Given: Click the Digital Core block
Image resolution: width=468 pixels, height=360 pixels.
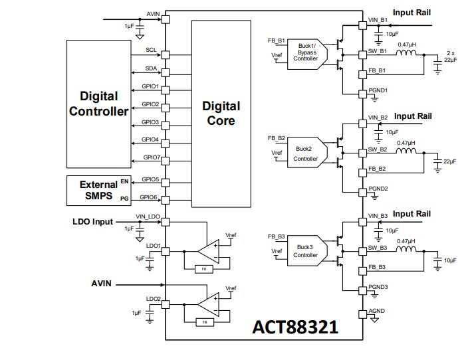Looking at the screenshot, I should (221, 113).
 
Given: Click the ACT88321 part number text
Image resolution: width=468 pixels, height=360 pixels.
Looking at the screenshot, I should (295, 327).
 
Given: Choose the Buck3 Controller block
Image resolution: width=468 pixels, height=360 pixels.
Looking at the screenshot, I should (306, 250).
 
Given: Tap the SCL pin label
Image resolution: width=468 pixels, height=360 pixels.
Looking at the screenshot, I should (151, 50).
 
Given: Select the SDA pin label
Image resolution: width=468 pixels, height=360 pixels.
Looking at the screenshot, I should (151, 68).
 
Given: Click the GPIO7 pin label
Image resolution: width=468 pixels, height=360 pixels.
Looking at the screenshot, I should (151, 157).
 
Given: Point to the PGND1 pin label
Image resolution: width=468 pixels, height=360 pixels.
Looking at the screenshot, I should (378, 90).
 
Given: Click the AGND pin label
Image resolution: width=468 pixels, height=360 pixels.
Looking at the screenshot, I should (376, 312).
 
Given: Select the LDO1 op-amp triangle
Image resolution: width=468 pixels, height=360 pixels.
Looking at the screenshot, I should (210, 252).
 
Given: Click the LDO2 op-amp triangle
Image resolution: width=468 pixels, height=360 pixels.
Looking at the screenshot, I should (210, 305).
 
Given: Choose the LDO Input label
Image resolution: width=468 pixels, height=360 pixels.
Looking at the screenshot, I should (92, 221).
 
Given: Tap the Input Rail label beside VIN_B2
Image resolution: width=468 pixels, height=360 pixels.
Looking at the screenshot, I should (412, 116).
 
